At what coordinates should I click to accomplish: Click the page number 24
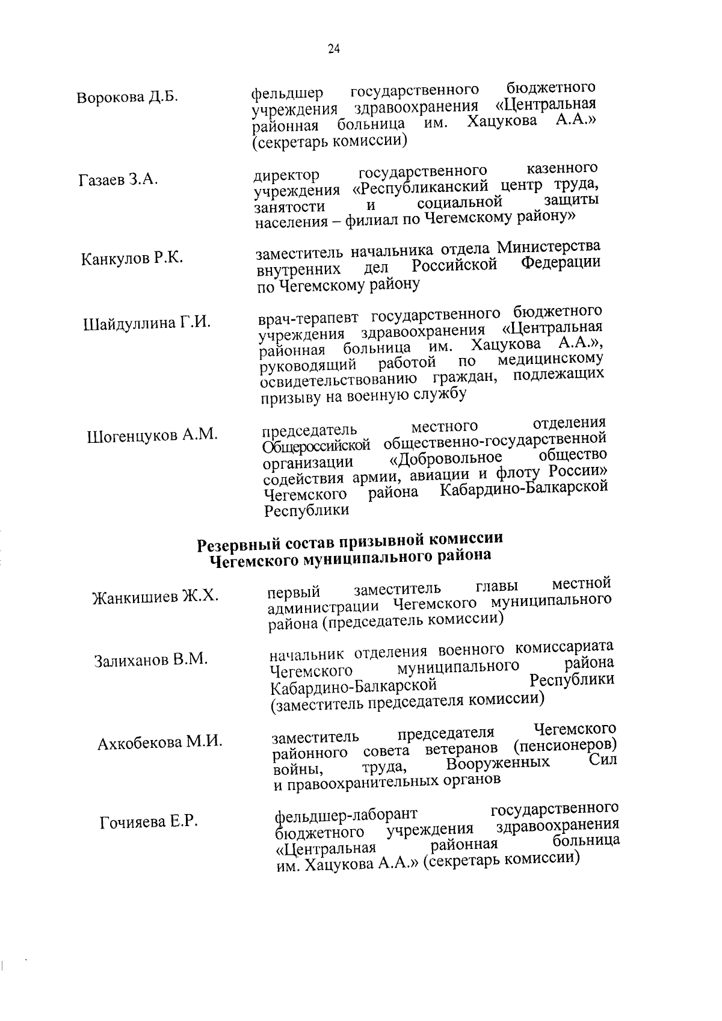(334, 49)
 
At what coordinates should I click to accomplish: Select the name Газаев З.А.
(118, 179)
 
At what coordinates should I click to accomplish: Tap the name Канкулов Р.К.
(132, 259)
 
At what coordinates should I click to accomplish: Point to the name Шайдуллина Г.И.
(146, 323)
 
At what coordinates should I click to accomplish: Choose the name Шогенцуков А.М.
(152, 435)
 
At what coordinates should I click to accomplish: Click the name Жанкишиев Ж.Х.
(155, 597)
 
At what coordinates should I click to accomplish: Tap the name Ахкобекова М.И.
(159, 742)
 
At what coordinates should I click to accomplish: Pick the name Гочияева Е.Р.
(149, 821)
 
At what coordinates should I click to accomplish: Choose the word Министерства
(548, 247)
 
